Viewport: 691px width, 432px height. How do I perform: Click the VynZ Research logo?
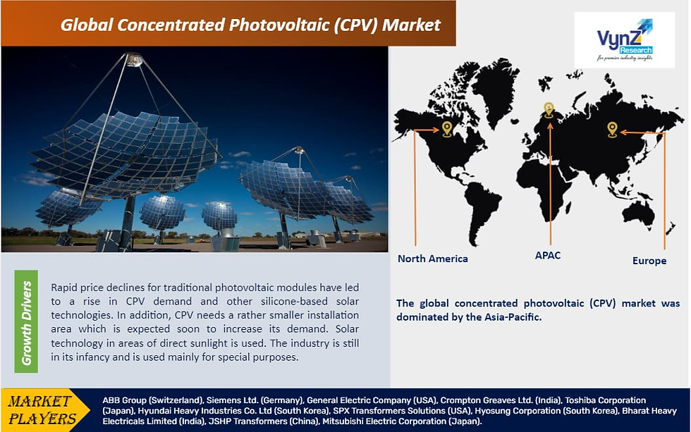point(625,39)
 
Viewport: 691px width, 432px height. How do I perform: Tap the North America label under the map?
point(433,259)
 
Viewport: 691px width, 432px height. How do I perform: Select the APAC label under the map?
point(548,255)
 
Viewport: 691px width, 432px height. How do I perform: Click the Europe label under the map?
point(649,261)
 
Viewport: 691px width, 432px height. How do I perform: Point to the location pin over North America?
point(447,129)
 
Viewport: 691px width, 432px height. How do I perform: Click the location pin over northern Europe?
point(549,110)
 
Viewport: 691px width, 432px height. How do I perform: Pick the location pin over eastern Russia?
point(612,130)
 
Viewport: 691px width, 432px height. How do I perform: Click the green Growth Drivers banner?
point(26,321)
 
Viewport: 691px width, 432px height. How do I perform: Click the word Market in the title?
point(411,25)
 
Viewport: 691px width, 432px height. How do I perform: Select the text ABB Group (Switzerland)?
point(153,400)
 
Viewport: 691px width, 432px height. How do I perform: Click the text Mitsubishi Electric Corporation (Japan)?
point(402,421)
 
